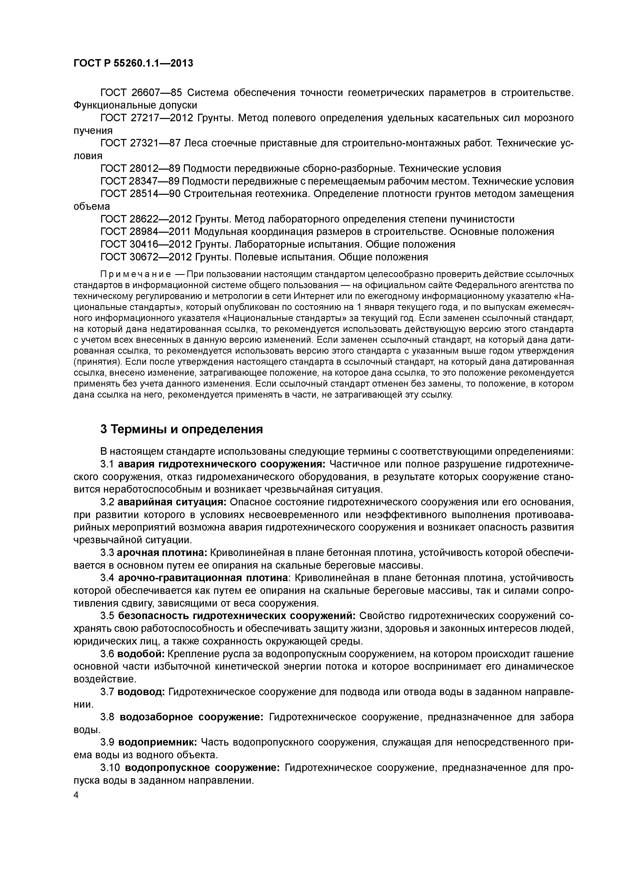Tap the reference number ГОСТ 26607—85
click(x=141, y=93)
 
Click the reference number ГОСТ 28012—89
click(x=140, y=168)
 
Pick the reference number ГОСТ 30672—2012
click(x=147, y=257)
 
